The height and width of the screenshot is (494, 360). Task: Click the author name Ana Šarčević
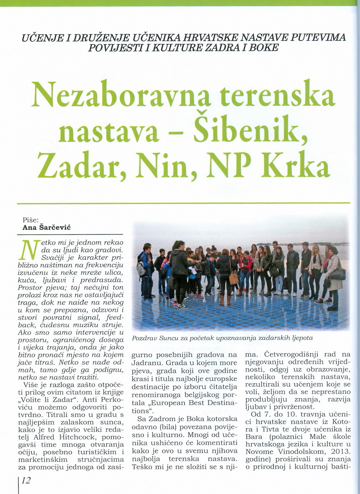47,228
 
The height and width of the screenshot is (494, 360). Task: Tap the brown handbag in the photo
234,278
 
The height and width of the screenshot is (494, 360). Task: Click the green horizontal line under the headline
183,203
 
